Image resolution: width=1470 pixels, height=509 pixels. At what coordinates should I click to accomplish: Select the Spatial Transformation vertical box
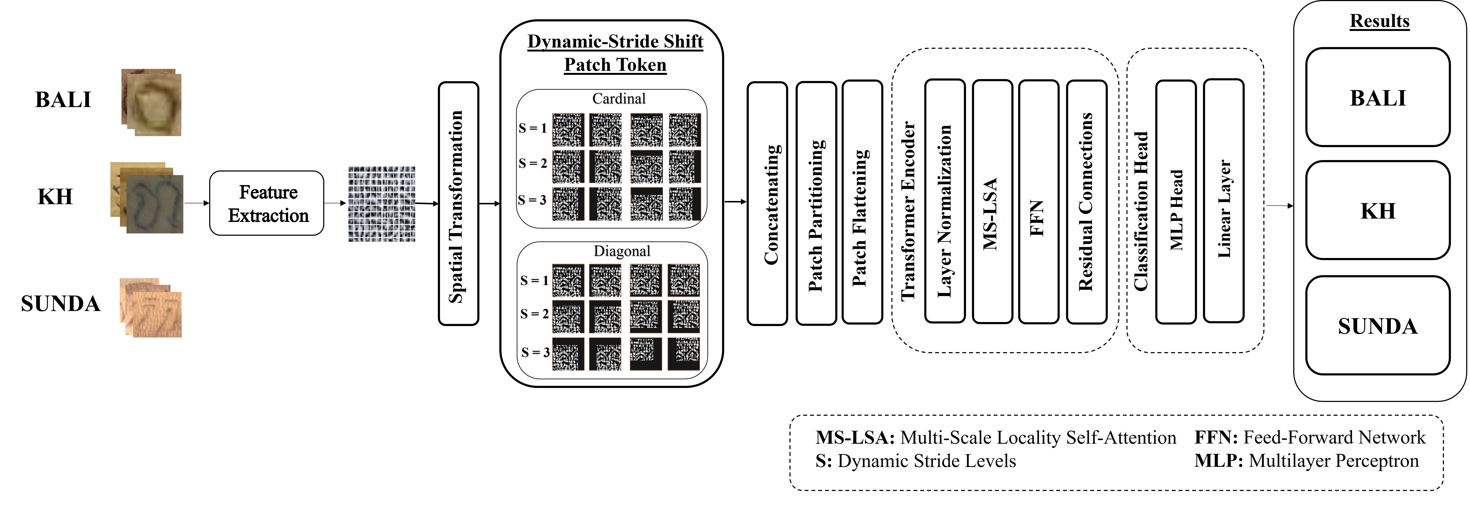[458, 204]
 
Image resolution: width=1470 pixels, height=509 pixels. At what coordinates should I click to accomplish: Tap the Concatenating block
[767, 204]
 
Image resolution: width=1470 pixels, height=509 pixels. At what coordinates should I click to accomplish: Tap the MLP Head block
[1176, 201]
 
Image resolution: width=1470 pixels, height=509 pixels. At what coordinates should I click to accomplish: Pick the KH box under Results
[1378, 211]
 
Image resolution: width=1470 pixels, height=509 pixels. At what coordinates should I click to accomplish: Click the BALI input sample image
[152, 103]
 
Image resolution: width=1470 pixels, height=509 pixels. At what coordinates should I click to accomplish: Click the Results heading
[1379, 21]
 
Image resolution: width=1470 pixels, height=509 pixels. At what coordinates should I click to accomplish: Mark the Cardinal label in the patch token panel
[619, 99]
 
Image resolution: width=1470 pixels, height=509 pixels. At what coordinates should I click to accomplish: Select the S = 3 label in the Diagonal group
[535, 352]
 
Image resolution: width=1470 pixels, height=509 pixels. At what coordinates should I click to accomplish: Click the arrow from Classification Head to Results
[1279, 205]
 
